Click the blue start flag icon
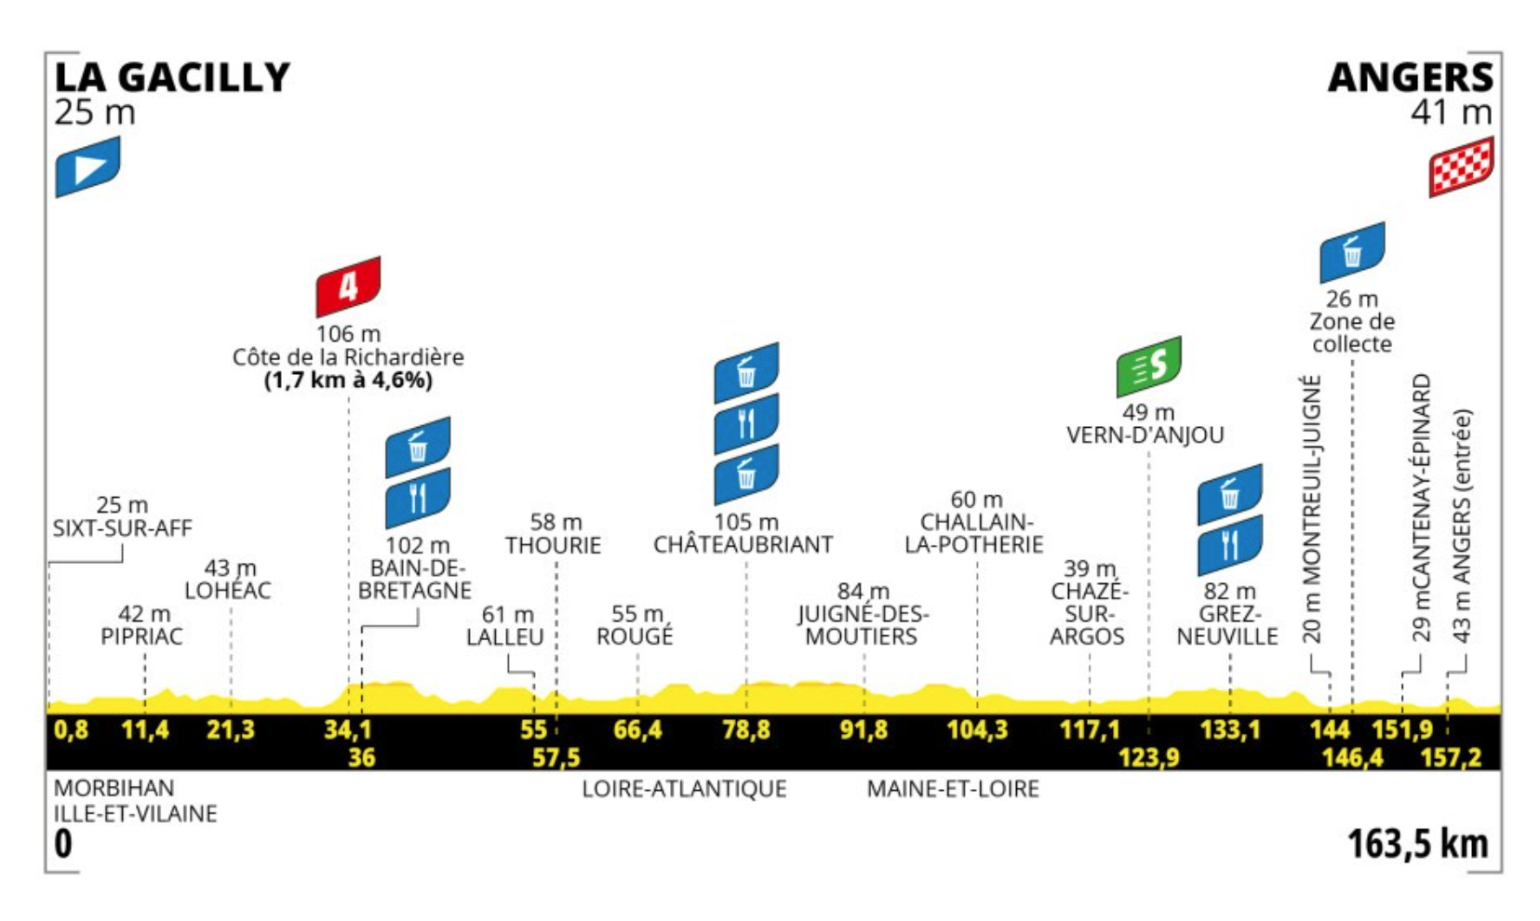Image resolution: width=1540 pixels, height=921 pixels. coord(87,167)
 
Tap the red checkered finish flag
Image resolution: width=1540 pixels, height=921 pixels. coord(1461,167)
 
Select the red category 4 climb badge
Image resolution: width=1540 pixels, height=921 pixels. coord(348,287)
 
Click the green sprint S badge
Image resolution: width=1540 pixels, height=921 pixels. coord(1148,367)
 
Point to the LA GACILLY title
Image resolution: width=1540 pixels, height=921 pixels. coord(172,78)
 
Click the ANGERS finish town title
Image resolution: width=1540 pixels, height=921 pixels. coord(1410,78)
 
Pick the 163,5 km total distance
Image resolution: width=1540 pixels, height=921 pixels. coord(1417,844)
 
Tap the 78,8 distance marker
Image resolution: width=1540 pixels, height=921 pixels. coord(745,729)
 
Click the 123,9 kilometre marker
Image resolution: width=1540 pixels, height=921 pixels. coord(1148,757)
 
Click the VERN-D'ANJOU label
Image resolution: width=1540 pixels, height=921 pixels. coord(1145,435)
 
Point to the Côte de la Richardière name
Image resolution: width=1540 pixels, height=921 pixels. coord(348,357)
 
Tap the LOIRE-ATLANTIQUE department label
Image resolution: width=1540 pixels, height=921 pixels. coord(684,789)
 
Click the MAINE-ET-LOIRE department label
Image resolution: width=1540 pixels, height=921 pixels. coord(953,789)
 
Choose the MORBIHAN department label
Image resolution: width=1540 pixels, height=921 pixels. coord(114,788)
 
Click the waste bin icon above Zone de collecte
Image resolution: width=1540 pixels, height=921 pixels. coord(1352,252)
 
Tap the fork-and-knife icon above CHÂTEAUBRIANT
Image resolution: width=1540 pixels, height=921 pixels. coord(745,424)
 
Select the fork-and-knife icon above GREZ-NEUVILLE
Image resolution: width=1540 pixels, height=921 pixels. coord(1229,545)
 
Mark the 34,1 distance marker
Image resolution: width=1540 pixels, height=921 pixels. coord(347,729)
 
